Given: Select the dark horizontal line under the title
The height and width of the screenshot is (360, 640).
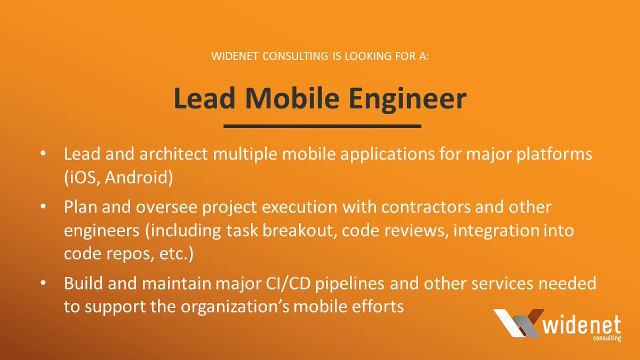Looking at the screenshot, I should click(322, 126).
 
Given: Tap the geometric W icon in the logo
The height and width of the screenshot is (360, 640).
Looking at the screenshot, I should click(517, 323).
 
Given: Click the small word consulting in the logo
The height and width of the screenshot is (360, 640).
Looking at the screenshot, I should click(607, 338).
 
